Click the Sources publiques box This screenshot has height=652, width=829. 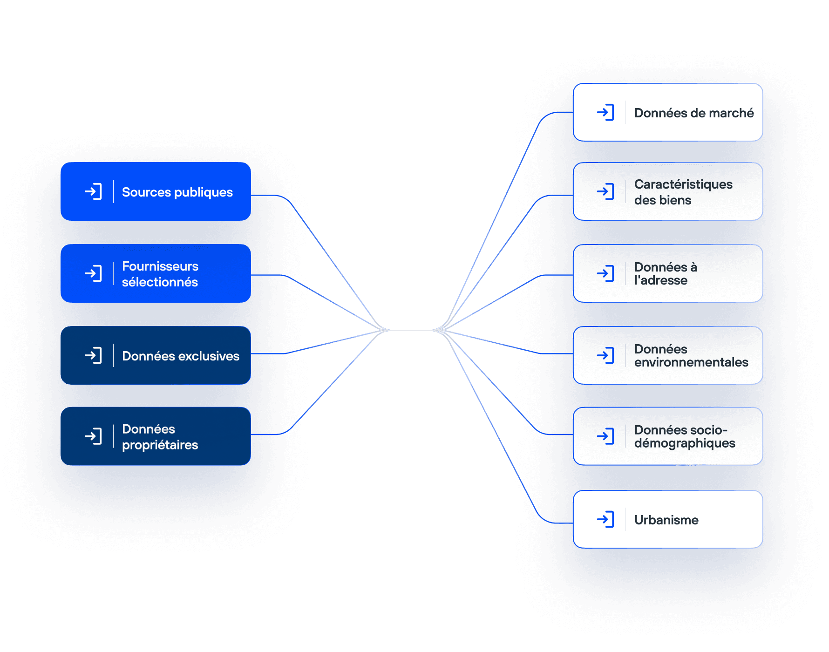click(x=156, y=191)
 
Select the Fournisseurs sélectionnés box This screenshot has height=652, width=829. click(x=156, y=273)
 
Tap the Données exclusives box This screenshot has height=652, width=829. click(x=156, y=355)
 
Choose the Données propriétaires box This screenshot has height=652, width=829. click(x=156, y=436)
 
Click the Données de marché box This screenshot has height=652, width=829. click(x=668, y=112)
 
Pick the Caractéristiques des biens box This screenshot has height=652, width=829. click(x=668, y=191)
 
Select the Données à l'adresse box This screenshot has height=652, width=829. click(x=668, y=273)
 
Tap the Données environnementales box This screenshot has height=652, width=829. click(x=668, y=355)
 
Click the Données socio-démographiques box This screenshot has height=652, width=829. click(x=668, y=436)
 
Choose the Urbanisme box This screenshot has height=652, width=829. click(x=668, y=519)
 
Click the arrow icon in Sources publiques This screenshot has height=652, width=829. click(x=93, y=191)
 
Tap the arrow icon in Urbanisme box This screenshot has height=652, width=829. click(x=605, y=519)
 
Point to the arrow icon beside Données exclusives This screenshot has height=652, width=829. click(x=93, y=355)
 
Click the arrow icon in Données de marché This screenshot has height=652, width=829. click(x=605, y=112)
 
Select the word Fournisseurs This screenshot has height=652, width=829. click(x=160, y=266)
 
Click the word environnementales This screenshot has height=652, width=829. click(x=691, y=362)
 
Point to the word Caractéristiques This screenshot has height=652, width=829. click(x=683, y=184)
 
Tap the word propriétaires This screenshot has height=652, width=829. click(x=160, y=445)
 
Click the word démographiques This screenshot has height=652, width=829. click(x=685, y=443)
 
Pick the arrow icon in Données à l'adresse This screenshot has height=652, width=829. click(x=605, y=273)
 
